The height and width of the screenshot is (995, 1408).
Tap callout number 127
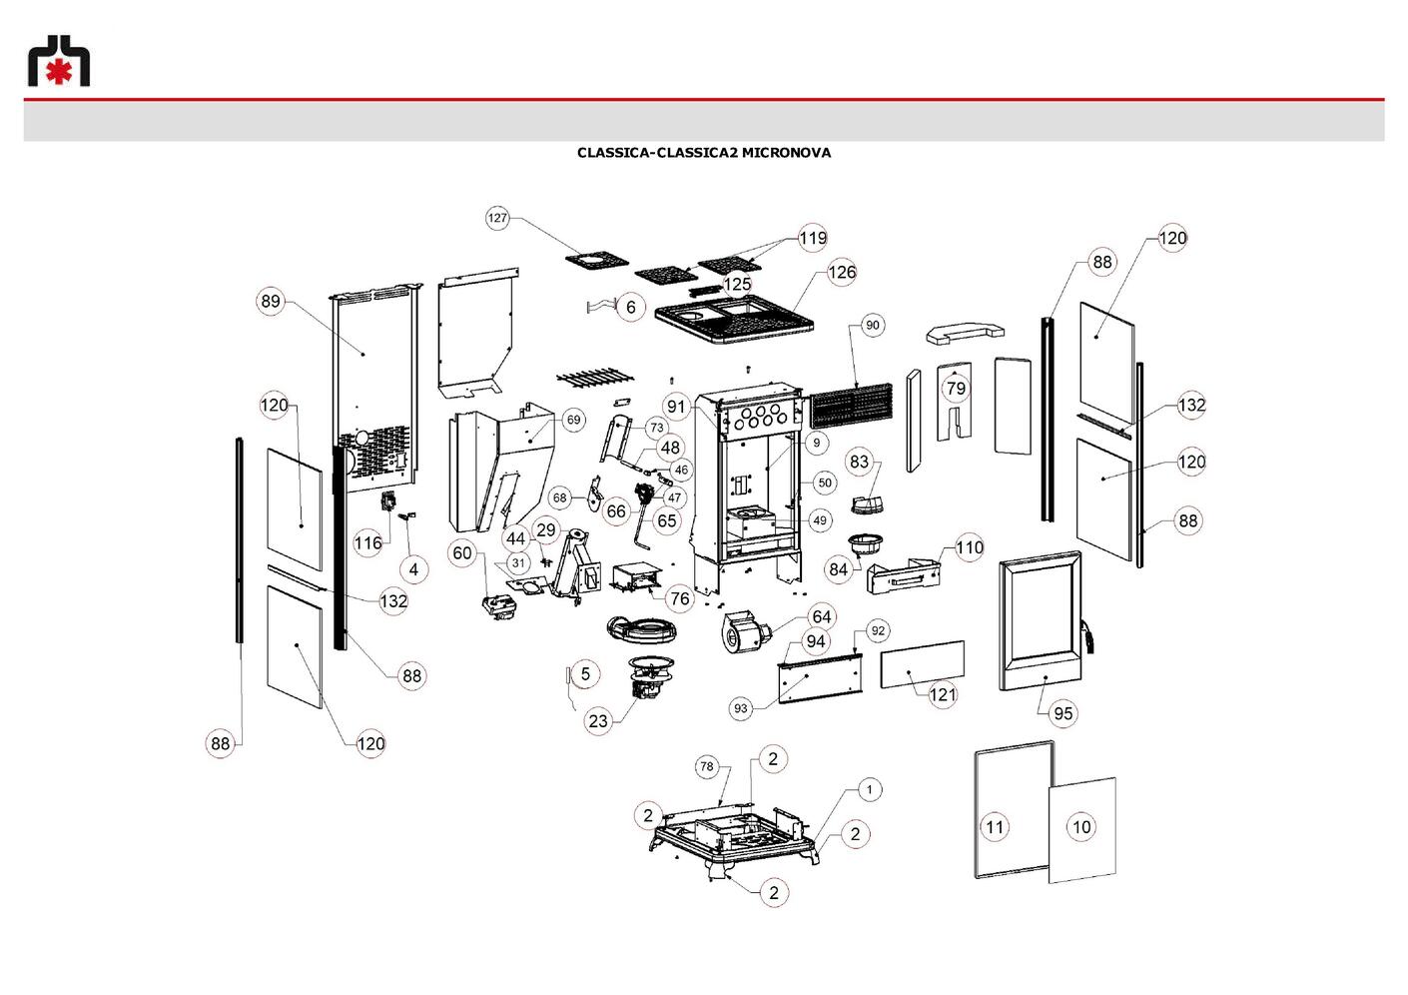coord(497,218)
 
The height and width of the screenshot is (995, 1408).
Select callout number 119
coord(812,239)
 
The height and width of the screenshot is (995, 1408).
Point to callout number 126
coord(842,273)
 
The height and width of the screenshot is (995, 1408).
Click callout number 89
coord(271,302)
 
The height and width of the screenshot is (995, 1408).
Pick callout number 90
coord(873,325)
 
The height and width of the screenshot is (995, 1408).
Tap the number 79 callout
coord(956,388)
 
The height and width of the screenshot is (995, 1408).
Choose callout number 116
coord(368,542)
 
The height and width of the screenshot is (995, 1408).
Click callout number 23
coord(598,721)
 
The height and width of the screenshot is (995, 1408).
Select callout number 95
coord(1062,714)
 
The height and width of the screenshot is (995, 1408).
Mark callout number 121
coord(943,695)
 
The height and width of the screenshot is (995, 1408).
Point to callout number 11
coord(995,827)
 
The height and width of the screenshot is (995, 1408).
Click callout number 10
coord(1081,827)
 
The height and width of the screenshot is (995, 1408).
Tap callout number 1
coord(870,789)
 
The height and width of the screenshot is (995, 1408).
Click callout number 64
coord(822,617)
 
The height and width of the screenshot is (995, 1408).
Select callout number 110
coord(970,547)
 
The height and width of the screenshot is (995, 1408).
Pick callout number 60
coord(462,552)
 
